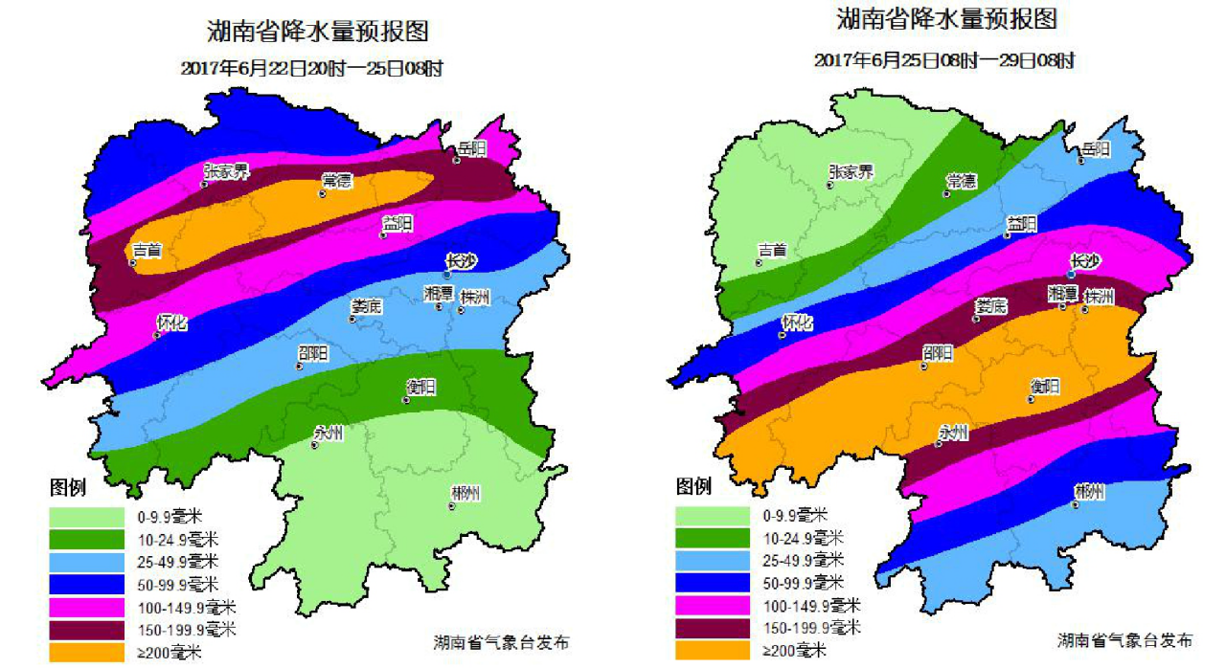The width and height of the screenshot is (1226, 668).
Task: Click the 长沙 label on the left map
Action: (x=461, y=260)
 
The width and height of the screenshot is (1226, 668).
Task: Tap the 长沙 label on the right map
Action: (x=1085, y=260)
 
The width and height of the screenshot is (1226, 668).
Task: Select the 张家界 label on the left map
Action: (x=226, y=171)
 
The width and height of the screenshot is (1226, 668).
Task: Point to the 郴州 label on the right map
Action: (x=1089, y=491)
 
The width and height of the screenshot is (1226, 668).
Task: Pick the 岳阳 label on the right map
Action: (x=1096, y=149)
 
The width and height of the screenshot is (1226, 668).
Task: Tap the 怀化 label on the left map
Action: (x=172, y=323)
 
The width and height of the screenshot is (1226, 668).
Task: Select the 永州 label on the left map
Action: (x=329, y=433)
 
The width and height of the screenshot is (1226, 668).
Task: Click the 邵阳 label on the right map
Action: (x=938, y=353)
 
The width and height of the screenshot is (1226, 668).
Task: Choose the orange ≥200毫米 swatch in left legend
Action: (x=86, y=652)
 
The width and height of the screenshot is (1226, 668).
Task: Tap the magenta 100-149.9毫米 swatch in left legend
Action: (x=86, y=607)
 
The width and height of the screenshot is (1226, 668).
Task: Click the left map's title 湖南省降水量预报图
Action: (x=318, y=31)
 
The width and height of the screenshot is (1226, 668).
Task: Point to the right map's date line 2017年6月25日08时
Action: (x=944, y=60)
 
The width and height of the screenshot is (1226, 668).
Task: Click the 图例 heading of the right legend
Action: (x=694, y=487)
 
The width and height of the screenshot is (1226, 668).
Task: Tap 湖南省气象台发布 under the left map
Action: (x=501, y=642)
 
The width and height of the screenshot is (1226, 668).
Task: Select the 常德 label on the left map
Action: (x=337, y=181)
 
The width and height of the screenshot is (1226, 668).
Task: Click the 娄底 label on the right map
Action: (x=991, y=306)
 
